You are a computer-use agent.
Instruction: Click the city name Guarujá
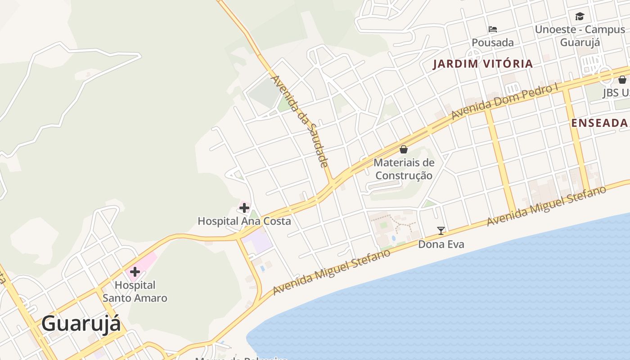click(81, 324)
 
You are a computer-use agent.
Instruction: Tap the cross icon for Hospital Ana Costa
click(244, 208)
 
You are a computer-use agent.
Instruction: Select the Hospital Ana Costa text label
click(244, 221)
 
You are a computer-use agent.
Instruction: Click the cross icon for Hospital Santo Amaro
click(135, 272)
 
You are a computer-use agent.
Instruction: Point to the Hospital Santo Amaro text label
click(135, 292)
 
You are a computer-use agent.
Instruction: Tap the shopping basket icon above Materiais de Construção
click(404, 149)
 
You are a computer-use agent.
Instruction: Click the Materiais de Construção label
click(404, 169)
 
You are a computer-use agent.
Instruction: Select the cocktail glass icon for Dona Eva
click(441, 231)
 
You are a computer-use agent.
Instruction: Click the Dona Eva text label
click(441, 244)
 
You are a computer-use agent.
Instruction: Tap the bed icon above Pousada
click(493, 30)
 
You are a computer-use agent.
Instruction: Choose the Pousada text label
click(493, 43)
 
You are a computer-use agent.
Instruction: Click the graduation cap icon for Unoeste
click(580, 17)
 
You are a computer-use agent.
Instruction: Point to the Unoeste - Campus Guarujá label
click(580, 36)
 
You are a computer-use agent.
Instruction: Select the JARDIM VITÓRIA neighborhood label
click(483, 64)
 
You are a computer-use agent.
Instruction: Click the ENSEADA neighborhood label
click(599, 123)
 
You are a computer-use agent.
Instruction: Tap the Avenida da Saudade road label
click(300, 121)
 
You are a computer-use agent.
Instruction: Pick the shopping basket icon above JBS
click(622, 80)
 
